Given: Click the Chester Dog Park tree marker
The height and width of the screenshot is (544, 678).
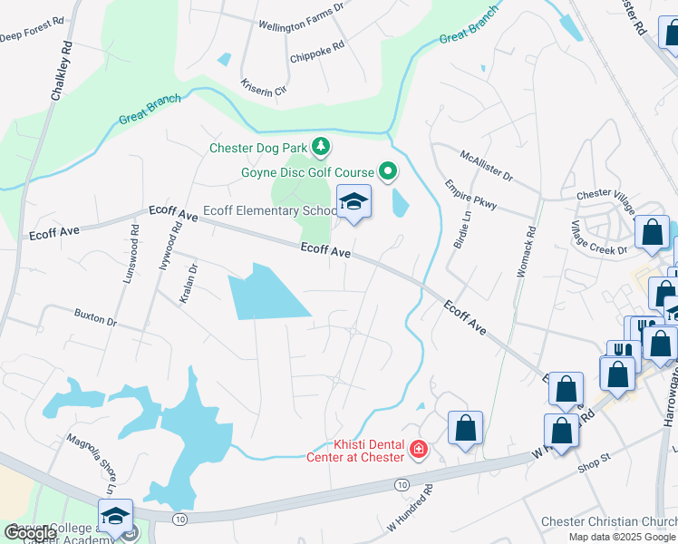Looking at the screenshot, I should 320,146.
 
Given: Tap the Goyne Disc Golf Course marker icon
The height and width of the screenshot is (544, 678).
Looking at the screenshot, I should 388,171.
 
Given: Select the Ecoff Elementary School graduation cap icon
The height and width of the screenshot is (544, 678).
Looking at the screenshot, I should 354,202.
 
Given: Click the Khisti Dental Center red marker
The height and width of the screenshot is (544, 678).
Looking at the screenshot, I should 418,448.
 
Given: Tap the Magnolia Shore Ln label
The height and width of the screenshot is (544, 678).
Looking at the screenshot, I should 92,462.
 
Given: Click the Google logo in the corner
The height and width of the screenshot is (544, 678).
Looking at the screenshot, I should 30,533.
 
